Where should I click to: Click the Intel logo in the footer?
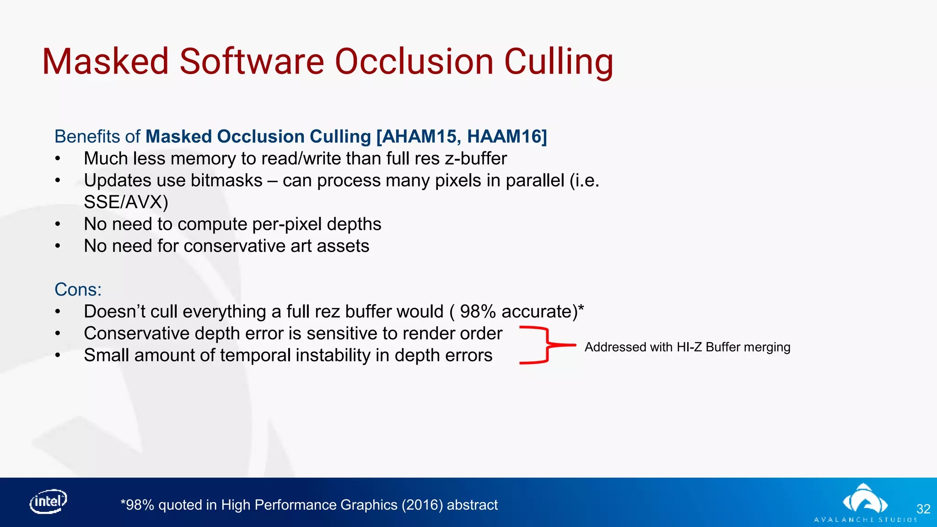[x=48, y=502]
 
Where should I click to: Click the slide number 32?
[x=923, y=509]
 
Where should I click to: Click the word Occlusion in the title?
[x=414, y=62]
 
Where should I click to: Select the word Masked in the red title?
[x=105, y=62]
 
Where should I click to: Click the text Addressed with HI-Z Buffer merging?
[x=687, y=347]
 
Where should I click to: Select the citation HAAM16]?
[x=507, y=137]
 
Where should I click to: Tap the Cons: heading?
[x=78, y=290]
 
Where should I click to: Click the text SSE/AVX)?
[x=126, y=202]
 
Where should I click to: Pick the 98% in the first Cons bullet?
[x=478, y=312]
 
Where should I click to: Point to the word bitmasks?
[x=226, y=181]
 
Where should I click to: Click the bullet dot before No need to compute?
[x=58, y=225]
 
